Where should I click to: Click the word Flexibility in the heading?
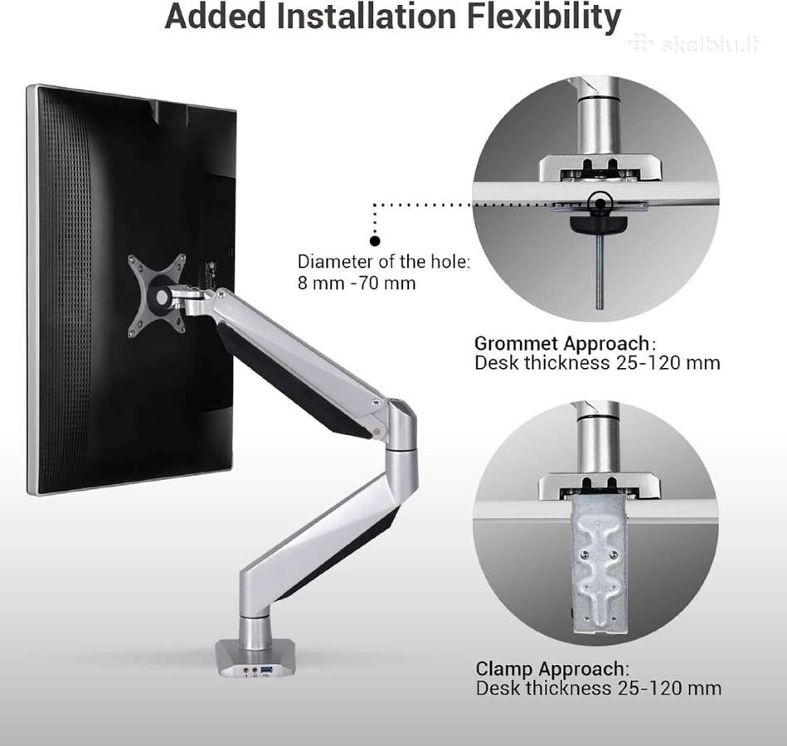[544, 17]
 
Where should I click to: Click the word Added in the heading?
[216, 16]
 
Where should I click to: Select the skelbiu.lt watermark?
[693, 44]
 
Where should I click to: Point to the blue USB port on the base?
[266, 669]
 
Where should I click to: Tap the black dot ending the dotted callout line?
[375, 241]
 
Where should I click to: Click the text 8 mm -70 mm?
[357, 283]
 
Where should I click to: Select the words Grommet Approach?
[561, 344]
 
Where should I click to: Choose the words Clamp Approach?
[550, 669]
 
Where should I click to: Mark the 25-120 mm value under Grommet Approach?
[668, 363]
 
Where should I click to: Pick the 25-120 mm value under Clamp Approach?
[669, 688]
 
